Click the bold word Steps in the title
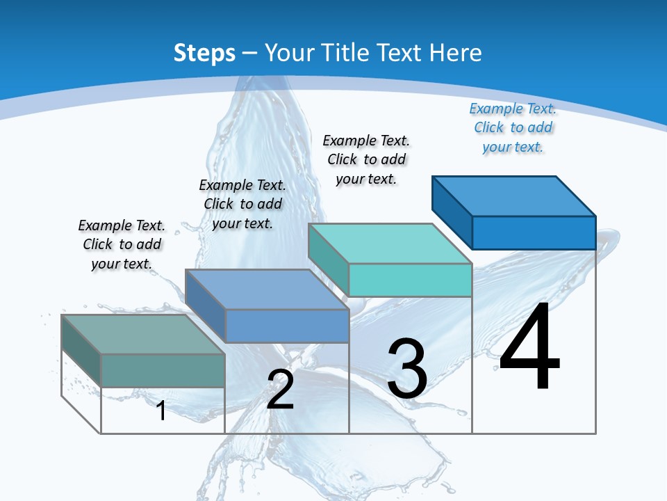[204, 53]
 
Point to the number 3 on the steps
[407, 369]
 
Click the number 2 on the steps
[281, 390]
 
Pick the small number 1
[161, 411]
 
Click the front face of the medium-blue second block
[287, 326]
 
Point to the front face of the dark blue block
[534, 232]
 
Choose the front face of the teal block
[410, 280]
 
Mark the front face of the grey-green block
[163, 370]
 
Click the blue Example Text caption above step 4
[513, 128]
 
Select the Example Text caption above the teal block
[366, 160]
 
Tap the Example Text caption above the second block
[242, 205]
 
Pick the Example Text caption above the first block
[122, 245]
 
